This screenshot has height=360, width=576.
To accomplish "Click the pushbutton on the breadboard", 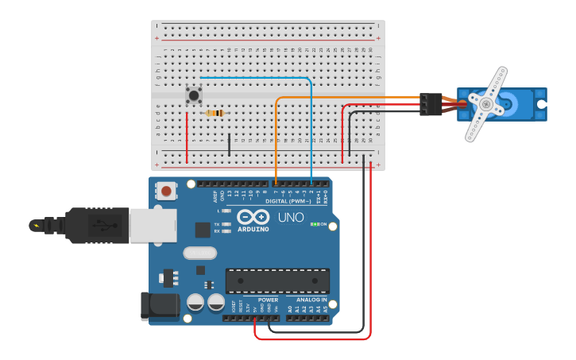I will tap(194, 95).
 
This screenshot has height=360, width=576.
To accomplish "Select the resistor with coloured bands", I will tap(215, 113).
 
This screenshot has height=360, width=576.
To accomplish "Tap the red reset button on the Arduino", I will tap(166, 190).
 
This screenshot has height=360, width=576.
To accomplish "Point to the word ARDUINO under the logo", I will tap(253, 229).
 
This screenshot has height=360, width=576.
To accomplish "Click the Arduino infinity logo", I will tap(253, 217).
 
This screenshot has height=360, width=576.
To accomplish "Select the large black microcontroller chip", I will tap(277, 281).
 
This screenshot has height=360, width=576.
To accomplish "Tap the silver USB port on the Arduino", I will tap(153, 226).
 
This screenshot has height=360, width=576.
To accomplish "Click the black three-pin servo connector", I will tap(431, 104).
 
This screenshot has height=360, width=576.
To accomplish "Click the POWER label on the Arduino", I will tap(268, 300).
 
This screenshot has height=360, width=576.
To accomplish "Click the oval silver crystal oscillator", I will tap(199, 253).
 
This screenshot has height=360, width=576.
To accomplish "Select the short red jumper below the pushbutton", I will tap(187, 137).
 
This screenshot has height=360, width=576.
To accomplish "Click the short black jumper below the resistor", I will tap(230, 145).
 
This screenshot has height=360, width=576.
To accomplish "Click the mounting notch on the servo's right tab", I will tap(541, 104).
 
